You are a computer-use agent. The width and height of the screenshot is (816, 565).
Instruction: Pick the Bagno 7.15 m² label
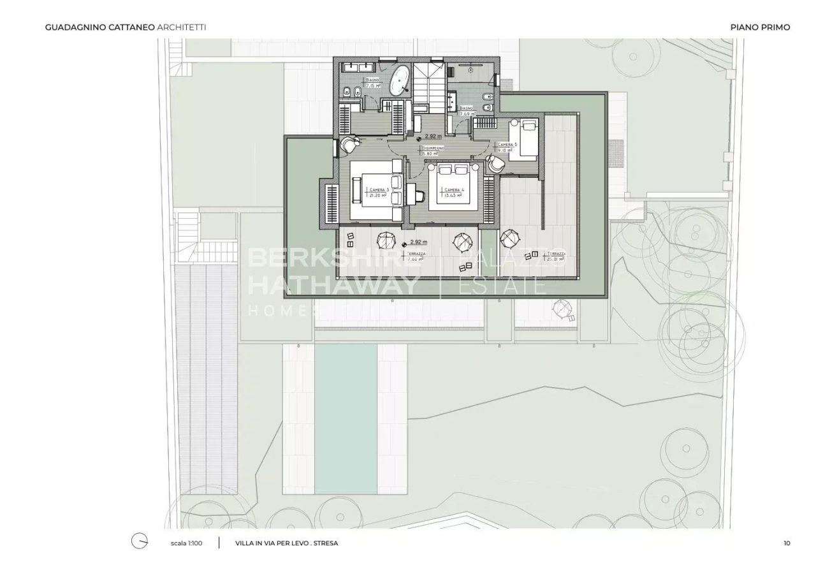click(x=373, y=82)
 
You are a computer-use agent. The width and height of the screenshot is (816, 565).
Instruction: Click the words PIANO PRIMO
click(x=760, y=27)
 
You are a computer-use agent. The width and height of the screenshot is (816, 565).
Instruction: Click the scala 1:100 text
click(x=187, y=543)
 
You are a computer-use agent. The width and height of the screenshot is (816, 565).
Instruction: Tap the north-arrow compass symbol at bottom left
click(x=140, y=541)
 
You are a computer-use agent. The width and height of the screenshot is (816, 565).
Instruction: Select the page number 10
click(x=787, y=543)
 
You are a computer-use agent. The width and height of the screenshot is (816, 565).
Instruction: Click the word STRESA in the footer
click(x=325, y=543)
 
